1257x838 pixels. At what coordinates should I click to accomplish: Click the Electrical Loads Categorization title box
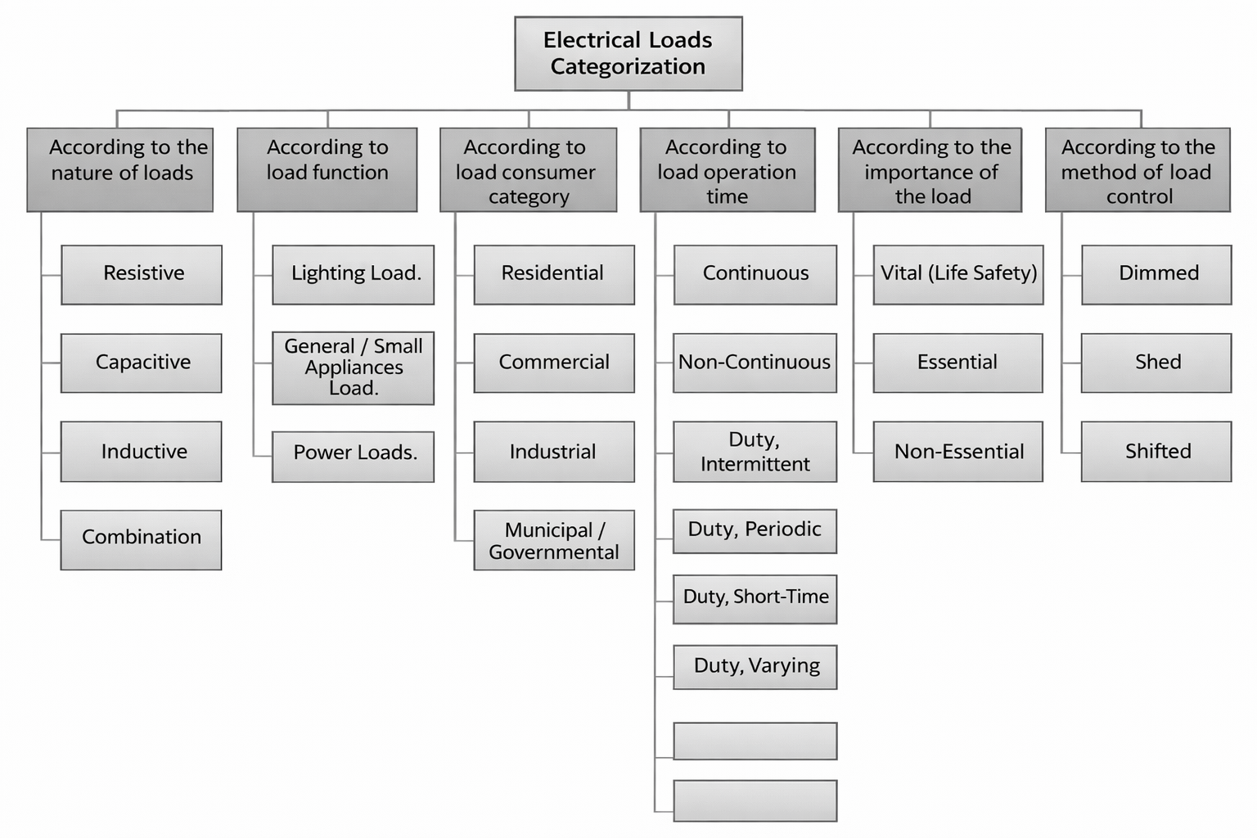(x=628, y=53)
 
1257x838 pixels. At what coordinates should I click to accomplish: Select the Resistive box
(x=142, y=274)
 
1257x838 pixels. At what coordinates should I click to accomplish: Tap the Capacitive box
(x=142, y=363)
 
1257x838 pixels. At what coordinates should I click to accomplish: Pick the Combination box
(x=141, y=539)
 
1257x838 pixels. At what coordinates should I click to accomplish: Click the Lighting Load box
(x=353, y=274)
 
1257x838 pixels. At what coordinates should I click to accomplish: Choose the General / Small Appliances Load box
(x=353, y=367)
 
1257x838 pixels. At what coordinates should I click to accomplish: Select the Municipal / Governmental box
(x=553, y=540)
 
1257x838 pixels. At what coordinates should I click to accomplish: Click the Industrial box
(x=553, y=451)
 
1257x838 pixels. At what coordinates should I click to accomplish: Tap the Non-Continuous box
(x=755, y=363)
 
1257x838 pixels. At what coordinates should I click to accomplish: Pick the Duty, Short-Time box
(x=755, y=599)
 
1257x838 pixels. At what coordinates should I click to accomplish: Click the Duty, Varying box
(x=755, y=666)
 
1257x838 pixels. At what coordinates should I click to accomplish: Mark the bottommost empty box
(x=755, y=800)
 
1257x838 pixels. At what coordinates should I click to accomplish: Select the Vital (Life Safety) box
(x=957, y=274)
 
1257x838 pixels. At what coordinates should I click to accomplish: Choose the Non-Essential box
(x=957, y=451)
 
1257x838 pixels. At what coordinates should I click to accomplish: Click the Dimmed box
(x=1156, y=274)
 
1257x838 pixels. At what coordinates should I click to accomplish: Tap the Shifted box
(x=1156, y=451)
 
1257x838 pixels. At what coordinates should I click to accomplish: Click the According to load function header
(x=327, y=169)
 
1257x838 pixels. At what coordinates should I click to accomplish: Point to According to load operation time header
(x=727, y=169)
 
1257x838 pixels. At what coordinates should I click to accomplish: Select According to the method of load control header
(x=1138, y=169)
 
